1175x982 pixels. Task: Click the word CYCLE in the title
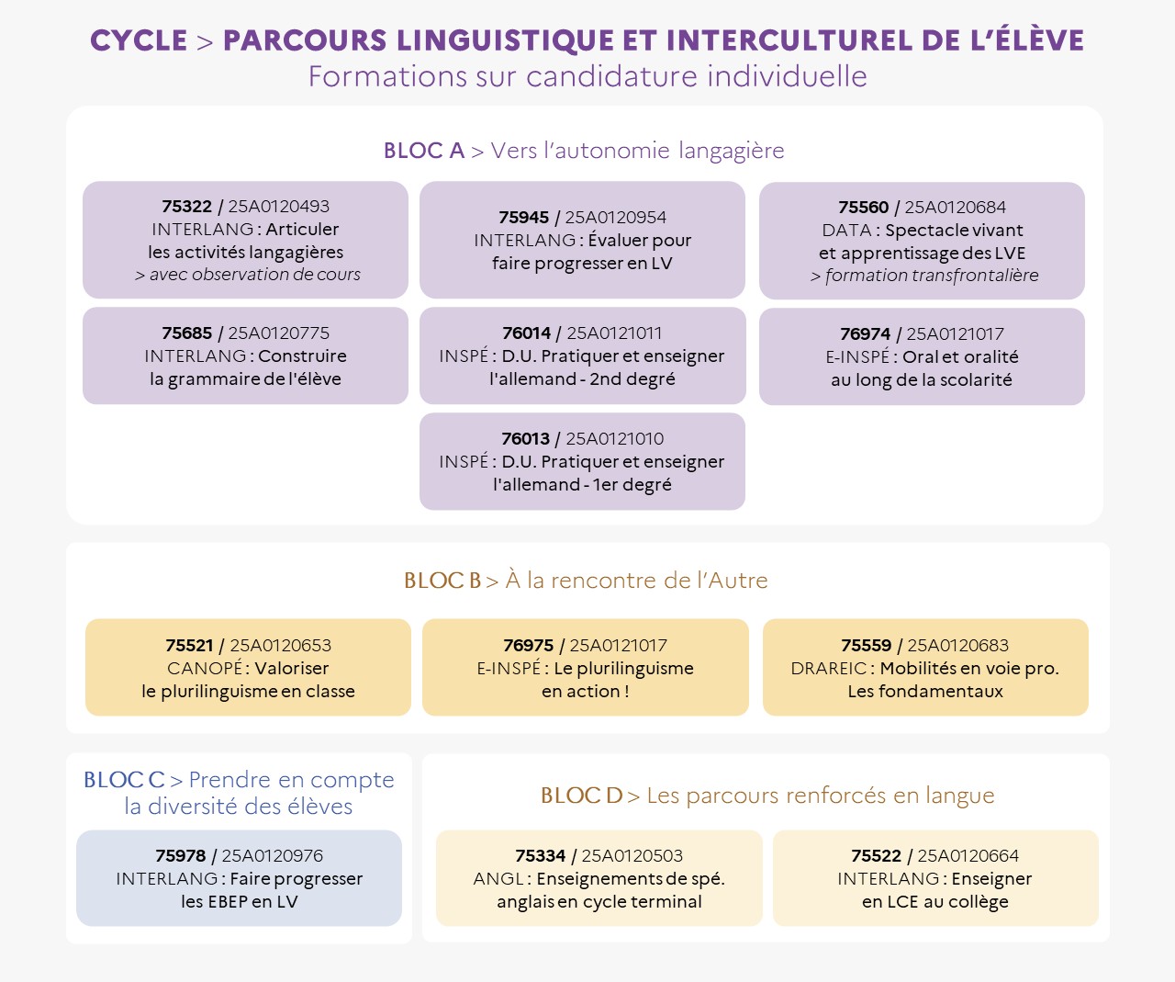[x=139, y=40]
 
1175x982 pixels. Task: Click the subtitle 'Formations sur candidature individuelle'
[x=587, y=76]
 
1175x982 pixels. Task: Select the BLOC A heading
[x=584, y=151]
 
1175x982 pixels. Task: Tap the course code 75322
[x=186, y=206]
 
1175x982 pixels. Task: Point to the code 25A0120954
[x=615, y=217]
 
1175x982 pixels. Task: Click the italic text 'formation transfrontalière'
[x=932, y=276]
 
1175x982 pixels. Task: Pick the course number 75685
[x=186, y=333]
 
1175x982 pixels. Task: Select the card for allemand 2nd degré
[x=582, y=356]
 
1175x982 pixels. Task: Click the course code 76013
[x=525, y=438]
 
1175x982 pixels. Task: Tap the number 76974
[x=865, y=333]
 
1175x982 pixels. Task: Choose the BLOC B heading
[x=586, y=580]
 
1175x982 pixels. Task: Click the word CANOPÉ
[x=205, y=668]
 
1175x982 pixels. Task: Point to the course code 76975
[x=528, y=645]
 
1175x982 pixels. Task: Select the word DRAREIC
[x=828, y=669]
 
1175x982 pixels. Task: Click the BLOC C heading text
[x=239, y=793]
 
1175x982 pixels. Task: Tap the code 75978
[x=180, y=856]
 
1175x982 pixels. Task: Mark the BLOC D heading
[x=767, y=796]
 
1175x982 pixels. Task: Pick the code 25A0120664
[x=968, y=856]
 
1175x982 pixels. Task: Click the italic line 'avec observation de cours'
[x=255, y=275]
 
